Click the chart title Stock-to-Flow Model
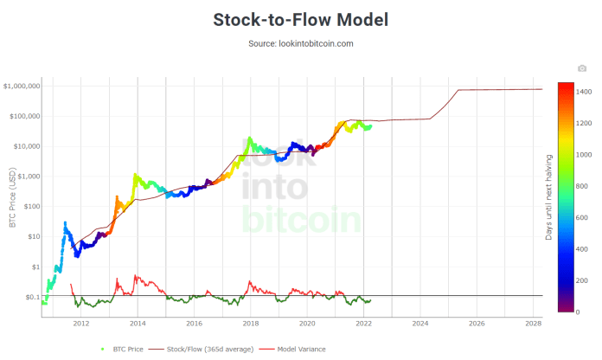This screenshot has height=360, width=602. (x=300, y=19)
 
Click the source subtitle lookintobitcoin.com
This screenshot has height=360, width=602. (x=300, y=42)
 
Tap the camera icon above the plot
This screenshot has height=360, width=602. (x=582, y=68)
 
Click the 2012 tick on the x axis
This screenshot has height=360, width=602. (x=80, y=323)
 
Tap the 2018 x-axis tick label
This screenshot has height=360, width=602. (x=250, y=323)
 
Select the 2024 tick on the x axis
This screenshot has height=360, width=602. (x=419, y=323)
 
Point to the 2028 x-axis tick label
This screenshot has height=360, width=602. (x=533, y=323)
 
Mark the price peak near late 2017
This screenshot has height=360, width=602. (x=249, y=138)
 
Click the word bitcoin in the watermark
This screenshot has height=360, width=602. (x=300, y=219)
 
